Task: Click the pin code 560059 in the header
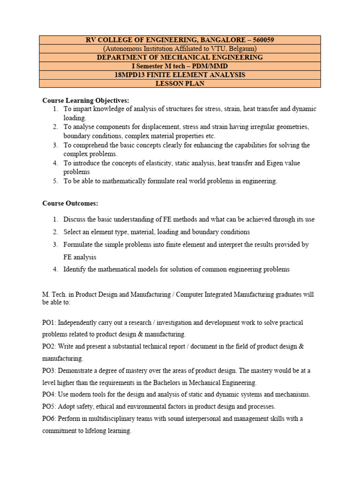(261, 40)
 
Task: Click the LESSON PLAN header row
(180, 83)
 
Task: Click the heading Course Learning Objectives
(86, 100)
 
